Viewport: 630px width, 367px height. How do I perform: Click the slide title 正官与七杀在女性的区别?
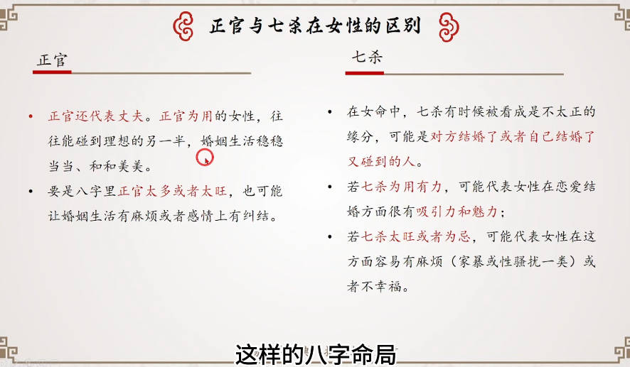click(315, 26)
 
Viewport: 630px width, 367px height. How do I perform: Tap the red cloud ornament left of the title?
click(183, 26)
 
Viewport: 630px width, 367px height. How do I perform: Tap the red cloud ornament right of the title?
click(449, 27)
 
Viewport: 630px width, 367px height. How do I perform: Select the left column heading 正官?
click(52, 60)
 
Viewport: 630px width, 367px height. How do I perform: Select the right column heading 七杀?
click(367, 57)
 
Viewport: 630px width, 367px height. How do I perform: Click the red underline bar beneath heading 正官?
click(52, 72)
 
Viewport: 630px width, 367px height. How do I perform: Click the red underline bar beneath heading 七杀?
click(365, 73)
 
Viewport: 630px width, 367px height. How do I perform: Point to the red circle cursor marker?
click(205, 157)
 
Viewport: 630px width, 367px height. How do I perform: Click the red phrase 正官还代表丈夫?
click(95, 116)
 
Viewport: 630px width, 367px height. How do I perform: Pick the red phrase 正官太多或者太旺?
click(172, 191)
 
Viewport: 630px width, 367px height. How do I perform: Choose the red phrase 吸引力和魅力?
click(457, 212)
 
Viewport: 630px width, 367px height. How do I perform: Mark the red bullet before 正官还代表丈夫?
click(31, 116)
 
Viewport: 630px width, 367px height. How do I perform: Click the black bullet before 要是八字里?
click(31, 192)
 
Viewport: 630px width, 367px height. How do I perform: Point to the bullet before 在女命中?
click(330, 111)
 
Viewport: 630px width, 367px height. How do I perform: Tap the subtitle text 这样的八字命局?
click(316, 354)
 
